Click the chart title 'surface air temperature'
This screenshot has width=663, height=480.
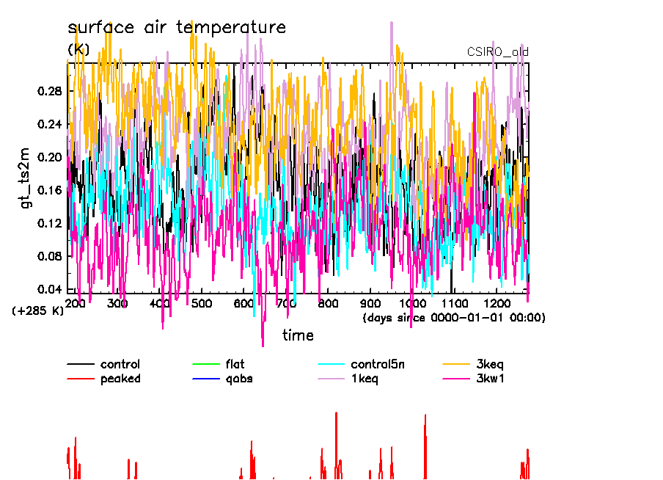[x=176, y=28]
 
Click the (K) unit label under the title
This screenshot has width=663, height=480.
[x=78, y=49]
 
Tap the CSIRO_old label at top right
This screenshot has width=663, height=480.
[x=497, y=51]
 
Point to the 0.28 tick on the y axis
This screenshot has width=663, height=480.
[x=48, y=91]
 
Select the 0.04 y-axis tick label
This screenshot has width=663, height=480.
[x=48, y=289]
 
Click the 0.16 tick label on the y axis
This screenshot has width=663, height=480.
[x=48, y=190]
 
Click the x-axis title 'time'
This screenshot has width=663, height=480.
[x=298, y=335]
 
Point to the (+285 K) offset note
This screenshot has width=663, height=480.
[x=38, y=310]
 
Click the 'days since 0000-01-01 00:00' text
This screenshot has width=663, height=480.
[x=454, y=318]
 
